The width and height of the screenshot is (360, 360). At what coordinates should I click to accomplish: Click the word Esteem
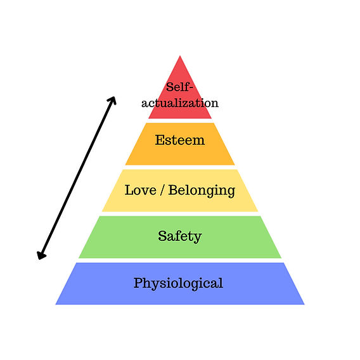tap(180, 140)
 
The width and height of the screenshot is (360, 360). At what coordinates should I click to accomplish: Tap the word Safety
tap(180, 236)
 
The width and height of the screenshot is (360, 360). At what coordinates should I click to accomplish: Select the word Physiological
tap(178, 283)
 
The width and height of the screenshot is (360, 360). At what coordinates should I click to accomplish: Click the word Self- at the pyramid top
tap(179, 87)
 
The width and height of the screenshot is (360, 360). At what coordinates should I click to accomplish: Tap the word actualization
tap(180, 103)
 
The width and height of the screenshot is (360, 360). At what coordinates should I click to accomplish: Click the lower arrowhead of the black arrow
tap(41, 256)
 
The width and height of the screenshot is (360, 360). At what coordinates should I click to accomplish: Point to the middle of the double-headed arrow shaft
tap(77, 177)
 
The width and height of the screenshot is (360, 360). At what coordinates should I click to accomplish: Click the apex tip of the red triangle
tap(180, 56)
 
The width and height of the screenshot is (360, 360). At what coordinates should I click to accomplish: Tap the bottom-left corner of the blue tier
tap(56, 304)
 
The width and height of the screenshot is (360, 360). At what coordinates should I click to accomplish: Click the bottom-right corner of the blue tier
tap(304, 304)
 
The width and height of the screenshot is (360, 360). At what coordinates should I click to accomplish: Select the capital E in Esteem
tap(159, 140)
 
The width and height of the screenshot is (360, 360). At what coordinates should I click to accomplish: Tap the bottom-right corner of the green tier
tap(281, 257)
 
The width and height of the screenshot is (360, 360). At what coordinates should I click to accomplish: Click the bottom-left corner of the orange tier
tap(126, 165)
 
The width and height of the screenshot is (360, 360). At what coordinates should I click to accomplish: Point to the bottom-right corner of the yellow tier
tap(257, 210)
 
